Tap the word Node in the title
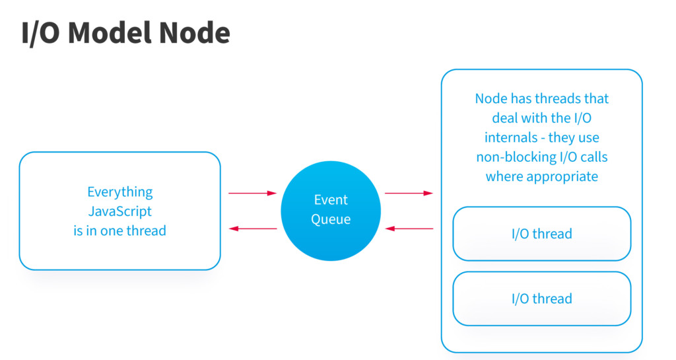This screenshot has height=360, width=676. coord(195,33)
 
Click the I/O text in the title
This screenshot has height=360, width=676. coord(40,33)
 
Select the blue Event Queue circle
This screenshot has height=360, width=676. coord(331,211)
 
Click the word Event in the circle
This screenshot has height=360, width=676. coord(331,199)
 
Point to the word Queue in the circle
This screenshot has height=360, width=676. coord(331,219)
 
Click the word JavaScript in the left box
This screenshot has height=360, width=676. coord(120,211)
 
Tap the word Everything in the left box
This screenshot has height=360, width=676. coord(120,192)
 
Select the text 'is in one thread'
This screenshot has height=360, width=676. coord(120,231)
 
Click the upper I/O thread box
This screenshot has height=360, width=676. coord(542,234)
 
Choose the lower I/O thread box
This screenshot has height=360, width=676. coord(542,299)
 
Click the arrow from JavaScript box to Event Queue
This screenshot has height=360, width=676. coord(253,193)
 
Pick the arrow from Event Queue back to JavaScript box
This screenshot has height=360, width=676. coord(253,229)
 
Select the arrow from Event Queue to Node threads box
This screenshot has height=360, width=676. coord(409,193)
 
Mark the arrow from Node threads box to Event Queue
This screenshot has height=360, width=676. coord(409,229)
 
